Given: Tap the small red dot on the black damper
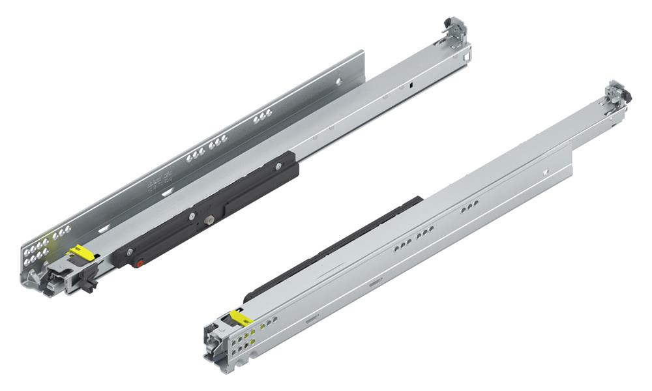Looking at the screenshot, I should click(x=139, y=264).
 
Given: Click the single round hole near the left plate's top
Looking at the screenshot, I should click(x=338, y=81).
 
